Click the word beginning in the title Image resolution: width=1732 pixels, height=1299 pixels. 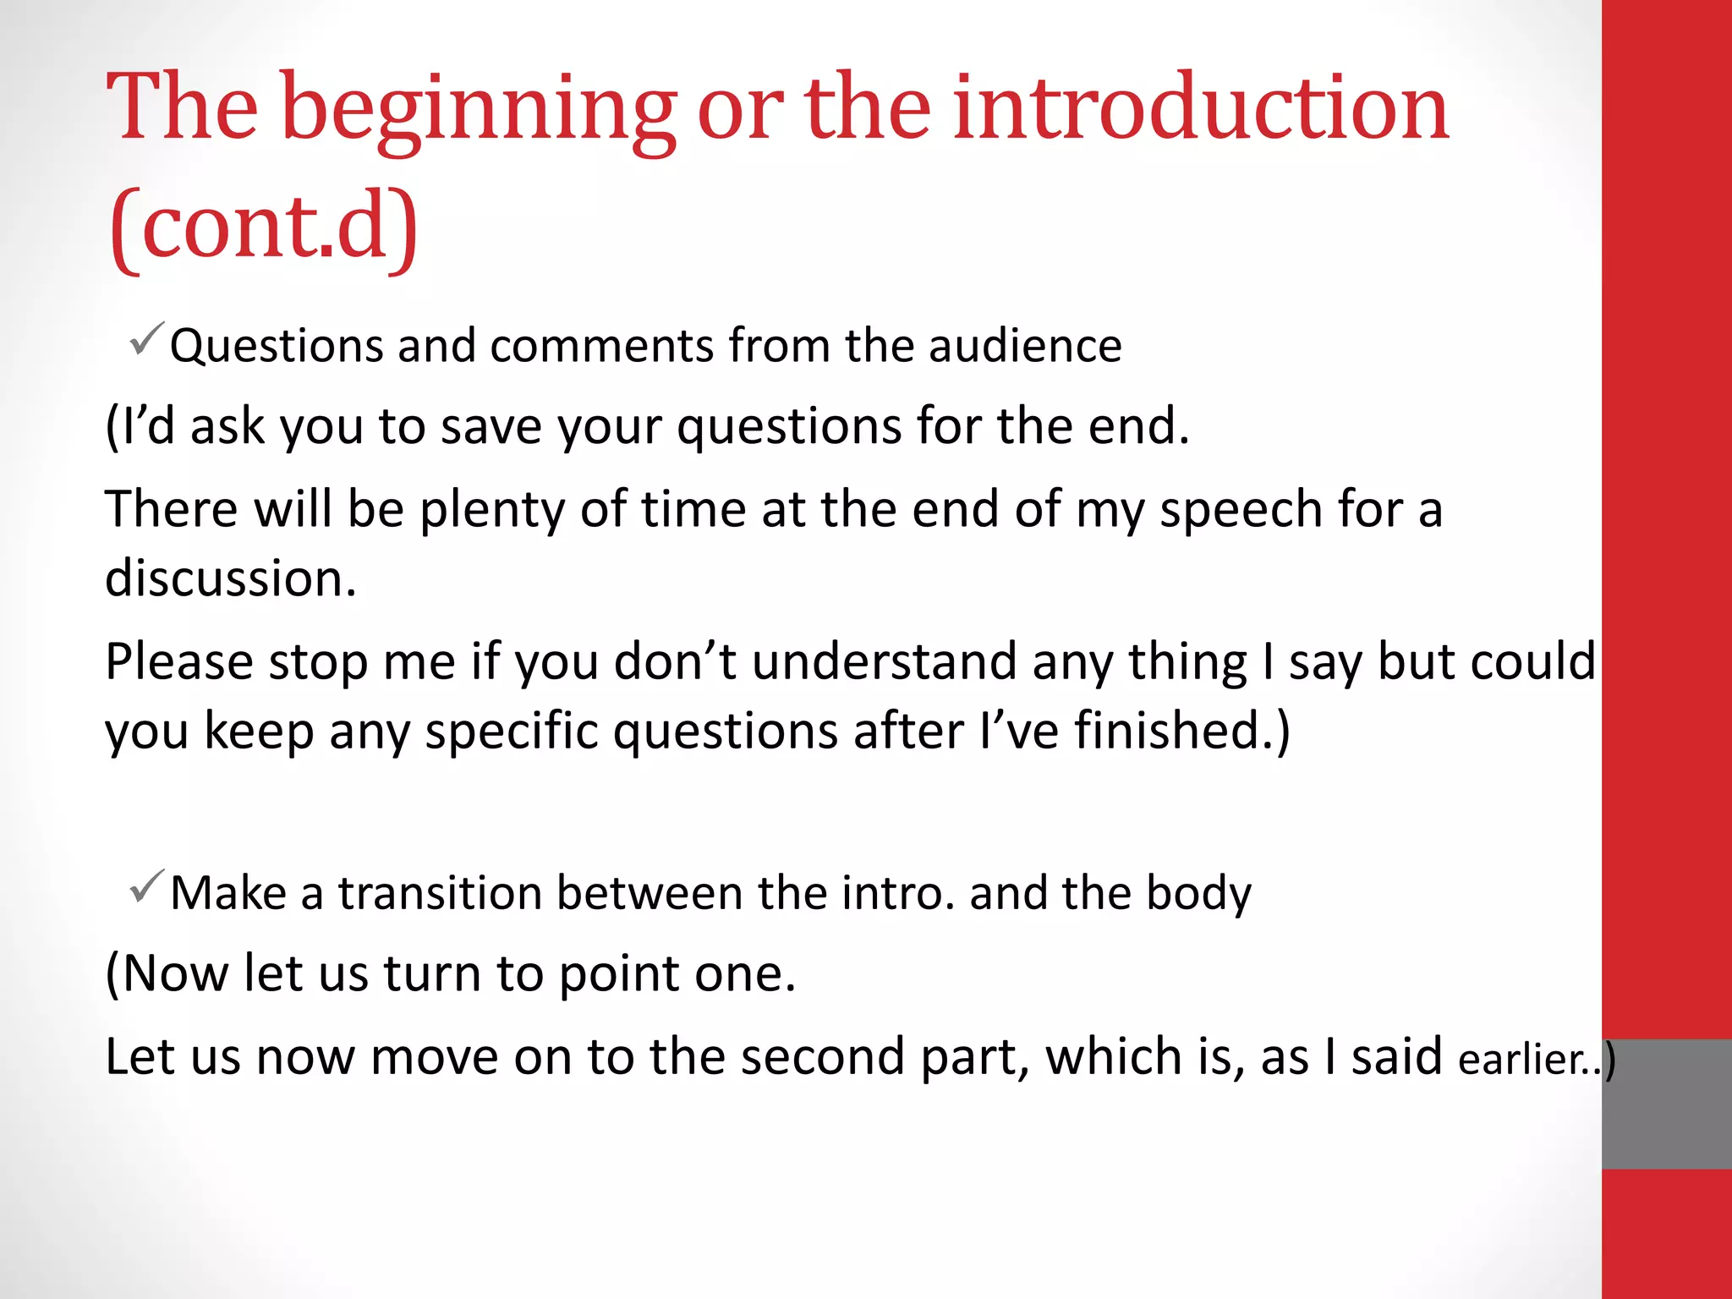[x=477, y=110]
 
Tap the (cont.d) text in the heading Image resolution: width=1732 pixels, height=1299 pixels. [x=263, y=227]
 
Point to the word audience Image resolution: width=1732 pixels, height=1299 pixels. [x=1025, y=346]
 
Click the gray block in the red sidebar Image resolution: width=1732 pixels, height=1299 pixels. [x=1666, y=1104]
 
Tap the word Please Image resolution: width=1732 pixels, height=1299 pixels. [x=178, y=662]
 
